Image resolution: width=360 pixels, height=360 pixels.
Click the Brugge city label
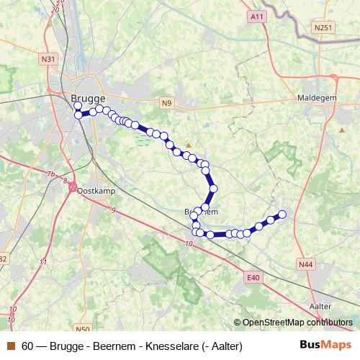click(x=88, y=98)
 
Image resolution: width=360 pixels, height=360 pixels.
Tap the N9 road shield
click(x=167, y=104)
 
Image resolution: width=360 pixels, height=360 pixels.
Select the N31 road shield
click(x=48, y=59)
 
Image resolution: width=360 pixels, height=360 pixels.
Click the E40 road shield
click(x=252, y=277)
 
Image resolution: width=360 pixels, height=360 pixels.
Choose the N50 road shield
click(x=82, y=329)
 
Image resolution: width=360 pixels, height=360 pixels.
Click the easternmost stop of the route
click(x=282, y=214)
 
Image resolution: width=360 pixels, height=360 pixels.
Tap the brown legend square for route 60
click(x=11, y=346)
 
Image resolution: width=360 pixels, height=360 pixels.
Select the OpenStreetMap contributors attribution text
click(x=294, y=322)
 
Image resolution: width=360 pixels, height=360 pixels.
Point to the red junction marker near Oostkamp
click(x=73, y=186)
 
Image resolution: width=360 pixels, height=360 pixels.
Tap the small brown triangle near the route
click(x=189, y=144)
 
